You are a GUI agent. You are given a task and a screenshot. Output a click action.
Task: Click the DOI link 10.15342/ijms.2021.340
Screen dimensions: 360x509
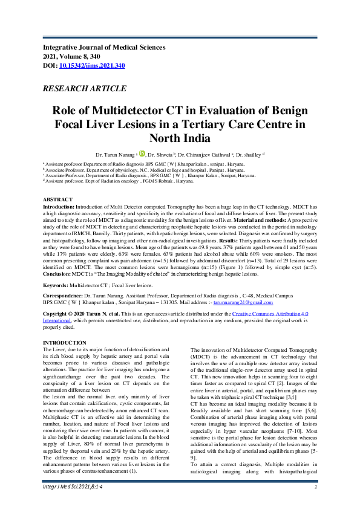(92, 65)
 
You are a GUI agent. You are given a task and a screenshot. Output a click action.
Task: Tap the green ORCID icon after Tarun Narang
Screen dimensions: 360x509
(142, 154)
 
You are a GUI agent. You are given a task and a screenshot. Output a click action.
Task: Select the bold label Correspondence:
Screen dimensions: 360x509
(64, 294)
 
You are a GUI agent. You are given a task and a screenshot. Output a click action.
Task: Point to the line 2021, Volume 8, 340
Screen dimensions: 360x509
(75, 56)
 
